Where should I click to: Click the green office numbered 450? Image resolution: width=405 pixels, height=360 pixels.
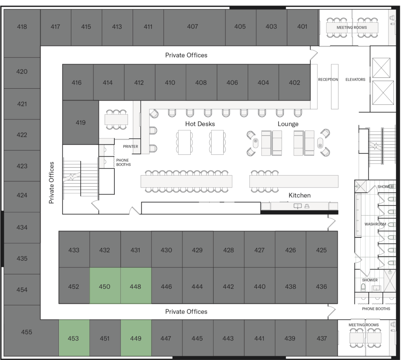click(104, 286)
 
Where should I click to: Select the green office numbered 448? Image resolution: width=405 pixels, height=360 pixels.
click(135, 286)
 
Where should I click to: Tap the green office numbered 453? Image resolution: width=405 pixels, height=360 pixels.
click(74, 338)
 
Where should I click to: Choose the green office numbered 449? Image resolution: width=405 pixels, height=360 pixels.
click(135, 338)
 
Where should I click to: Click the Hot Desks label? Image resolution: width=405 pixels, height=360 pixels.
click(200, 124)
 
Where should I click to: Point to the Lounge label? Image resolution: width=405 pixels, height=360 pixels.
click(288, 124)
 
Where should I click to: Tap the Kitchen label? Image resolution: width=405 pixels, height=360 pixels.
click(299, 195)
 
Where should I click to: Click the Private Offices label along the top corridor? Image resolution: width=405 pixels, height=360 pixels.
click(186, 55)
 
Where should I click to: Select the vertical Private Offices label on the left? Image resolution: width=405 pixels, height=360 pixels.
click(51, 182)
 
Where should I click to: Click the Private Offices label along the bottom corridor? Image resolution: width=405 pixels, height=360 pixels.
click(186, 312)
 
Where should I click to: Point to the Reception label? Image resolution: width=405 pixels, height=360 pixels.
click(328, 80)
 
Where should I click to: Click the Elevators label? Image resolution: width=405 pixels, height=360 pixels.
click(355, 80)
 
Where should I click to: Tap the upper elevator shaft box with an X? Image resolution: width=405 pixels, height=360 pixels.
click(381, 68)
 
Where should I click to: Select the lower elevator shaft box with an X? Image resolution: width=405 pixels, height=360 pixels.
click(383, 93)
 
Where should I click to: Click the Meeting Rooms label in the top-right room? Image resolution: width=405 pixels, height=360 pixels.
click(352, 28)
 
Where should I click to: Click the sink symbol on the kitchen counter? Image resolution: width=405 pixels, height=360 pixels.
click(297, 206)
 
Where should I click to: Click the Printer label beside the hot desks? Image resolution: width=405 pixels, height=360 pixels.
click(130, 146)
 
